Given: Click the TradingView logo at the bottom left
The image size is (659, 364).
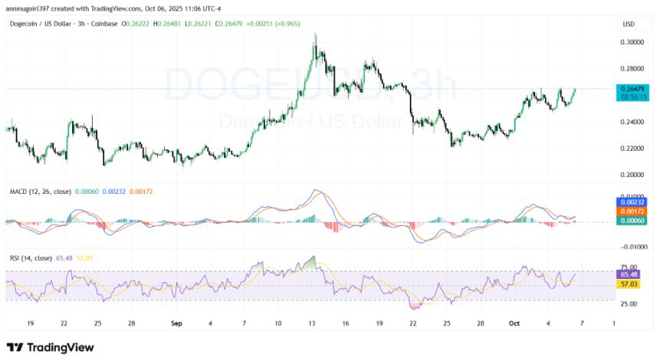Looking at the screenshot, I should [50, 347].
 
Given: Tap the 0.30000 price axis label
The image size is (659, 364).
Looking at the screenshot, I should [633, 43].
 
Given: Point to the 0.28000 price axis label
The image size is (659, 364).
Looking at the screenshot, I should [633, 70].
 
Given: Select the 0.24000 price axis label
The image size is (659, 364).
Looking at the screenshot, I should [633, 123].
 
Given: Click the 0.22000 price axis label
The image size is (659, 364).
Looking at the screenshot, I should [633, 149].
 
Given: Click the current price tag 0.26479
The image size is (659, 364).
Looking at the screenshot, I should [632, 89].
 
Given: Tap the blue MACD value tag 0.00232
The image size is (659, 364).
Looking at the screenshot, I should [632, 201].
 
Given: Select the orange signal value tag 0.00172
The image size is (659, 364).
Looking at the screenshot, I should [632, 210].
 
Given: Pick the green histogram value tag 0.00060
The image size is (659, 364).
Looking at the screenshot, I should [632, 220].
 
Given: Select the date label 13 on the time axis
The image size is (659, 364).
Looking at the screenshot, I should [312, 324].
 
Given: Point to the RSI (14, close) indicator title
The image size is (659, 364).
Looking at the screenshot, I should [30, 258].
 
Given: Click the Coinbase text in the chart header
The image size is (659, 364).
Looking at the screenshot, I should [103, 24].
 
